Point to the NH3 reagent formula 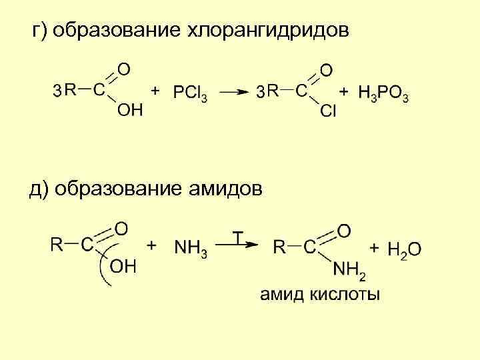(x=191, y=248)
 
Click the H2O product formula (x=404, y=249)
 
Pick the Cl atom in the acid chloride (x=328, y=111)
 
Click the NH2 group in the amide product (x=349, y=269)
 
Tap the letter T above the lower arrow (x=238, y=237)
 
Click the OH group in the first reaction (x=129, y=110)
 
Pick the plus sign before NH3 (x=152, y=245)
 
